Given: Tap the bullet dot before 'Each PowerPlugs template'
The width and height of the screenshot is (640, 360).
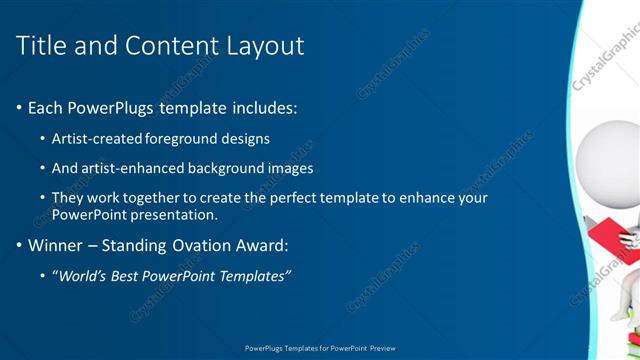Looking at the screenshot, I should [x=19, y=108].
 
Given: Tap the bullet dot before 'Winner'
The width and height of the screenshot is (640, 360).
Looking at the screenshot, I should [x=19, y=245].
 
